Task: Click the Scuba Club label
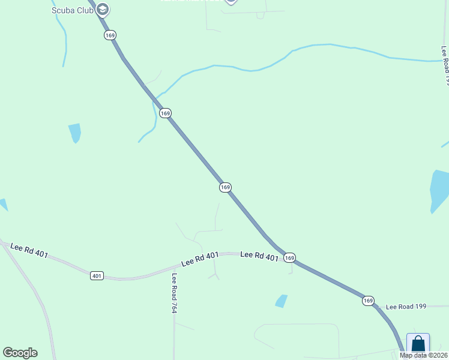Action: tap(73, 10)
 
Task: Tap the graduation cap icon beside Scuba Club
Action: tap(103, 9)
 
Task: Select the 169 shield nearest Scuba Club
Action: tap(109, 35)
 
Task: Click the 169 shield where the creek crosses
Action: tap(165, 113)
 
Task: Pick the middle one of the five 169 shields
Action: tap(225, 187)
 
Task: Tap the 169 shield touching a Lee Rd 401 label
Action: tap(289, 257)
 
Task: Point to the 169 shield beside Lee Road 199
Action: tap(368, 301)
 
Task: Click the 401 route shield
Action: tap(97, 275)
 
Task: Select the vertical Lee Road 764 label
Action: tap(174, 293)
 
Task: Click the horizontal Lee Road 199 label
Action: tap(406, 306)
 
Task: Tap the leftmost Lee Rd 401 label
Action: tap(29, 250)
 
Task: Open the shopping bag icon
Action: tap(418, 345)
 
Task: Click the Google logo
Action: tap(20, 352)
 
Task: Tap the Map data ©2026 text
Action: tap(423, 355)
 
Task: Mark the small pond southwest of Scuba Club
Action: tap(75, 133)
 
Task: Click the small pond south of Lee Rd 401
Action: tap(281, 301)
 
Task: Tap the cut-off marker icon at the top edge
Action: tap(231, 2)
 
